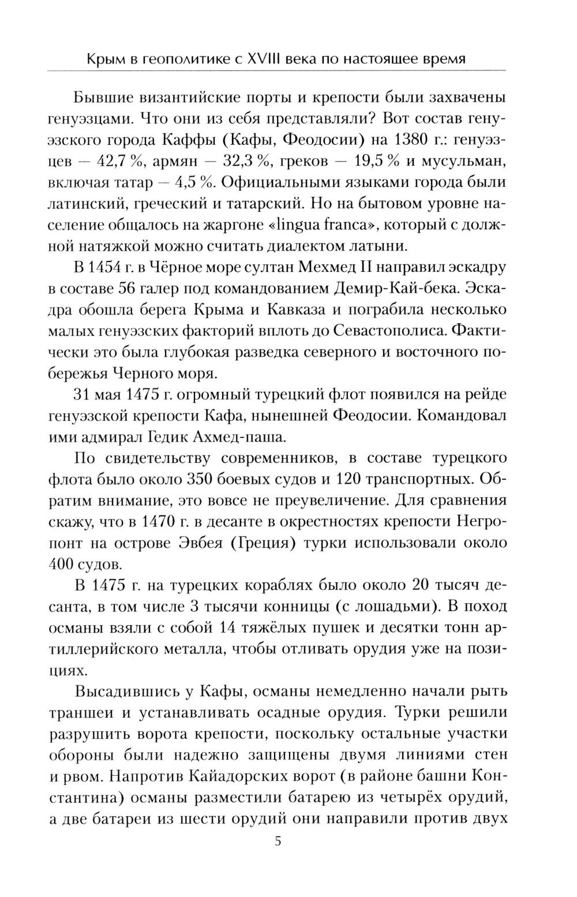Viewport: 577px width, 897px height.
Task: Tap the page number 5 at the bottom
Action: (278, 840)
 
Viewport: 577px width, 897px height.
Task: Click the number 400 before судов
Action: (64, 564)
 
